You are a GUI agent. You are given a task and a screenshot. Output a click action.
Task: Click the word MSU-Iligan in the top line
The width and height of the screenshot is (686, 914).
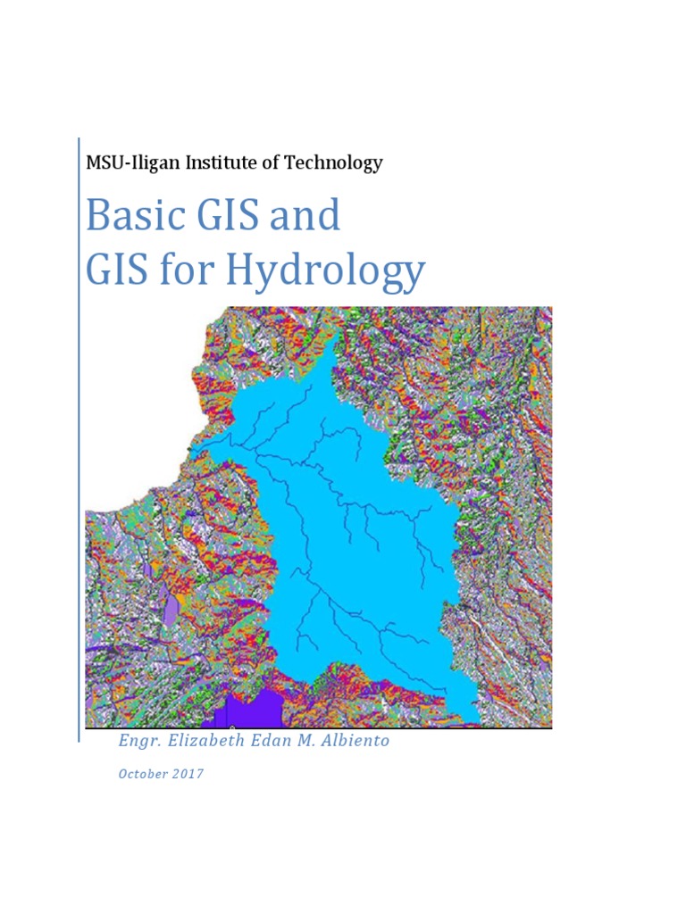tap(126, 163)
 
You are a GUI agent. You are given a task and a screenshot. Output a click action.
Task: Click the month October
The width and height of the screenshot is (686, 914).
tap(143, 774)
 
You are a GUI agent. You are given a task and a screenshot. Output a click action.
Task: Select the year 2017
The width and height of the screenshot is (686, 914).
tap(188, 774)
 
